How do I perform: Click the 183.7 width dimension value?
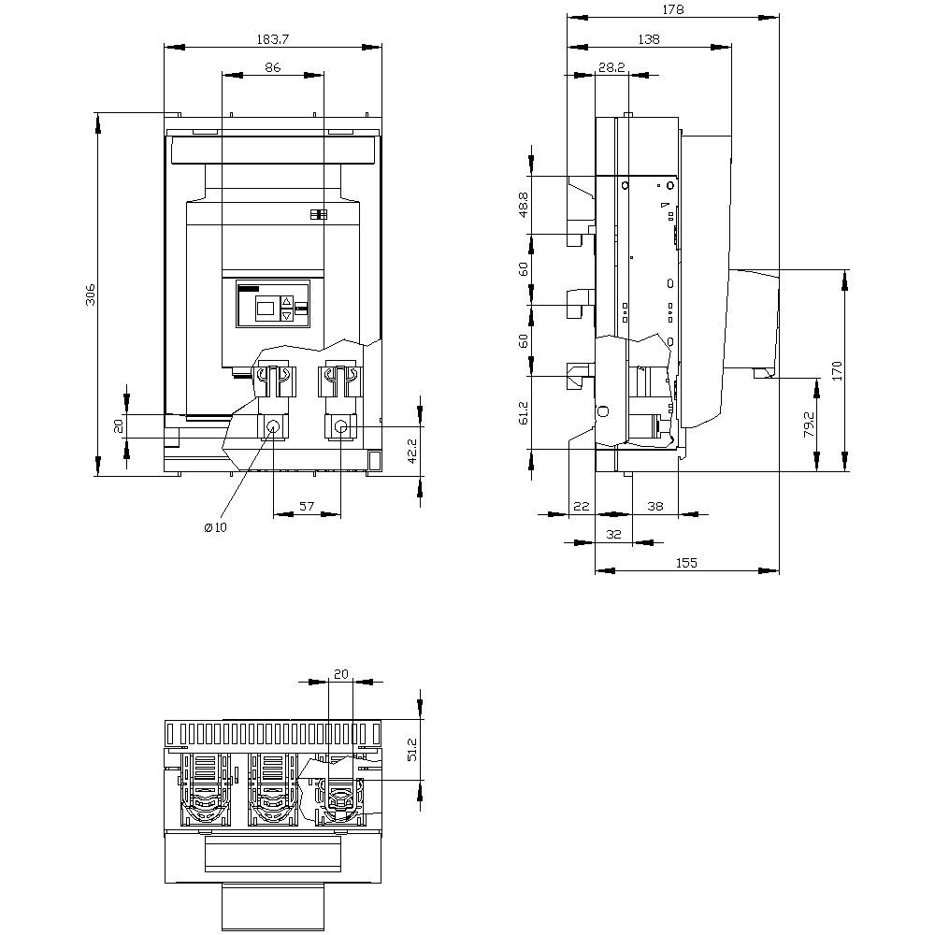coord(274,41)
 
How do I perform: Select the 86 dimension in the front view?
coord(273,68)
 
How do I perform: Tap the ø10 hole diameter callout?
coord(215,527)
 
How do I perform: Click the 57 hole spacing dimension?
coord(307,506)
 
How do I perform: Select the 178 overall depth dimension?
coord(673,9)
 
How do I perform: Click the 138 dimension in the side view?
coord(648,39)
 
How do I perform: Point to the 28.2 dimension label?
coord(611,68)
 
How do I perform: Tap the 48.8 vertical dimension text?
coord(524,206)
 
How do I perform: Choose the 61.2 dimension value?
coord(524,412)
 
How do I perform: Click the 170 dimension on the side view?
coord(837,370)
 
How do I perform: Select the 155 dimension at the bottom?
coord(686,563)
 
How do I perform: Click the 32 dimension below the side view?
coord(613,534)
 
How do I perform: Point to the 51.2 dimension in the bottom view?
coord(413,750)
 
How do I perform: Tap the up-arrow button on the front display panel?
coord(287,302)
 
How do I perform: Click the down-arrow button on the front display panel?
coord(287,316)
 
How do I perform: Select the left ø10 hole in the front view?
coord(273,428)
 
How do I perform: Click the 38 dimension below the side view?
coord(655,506)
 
